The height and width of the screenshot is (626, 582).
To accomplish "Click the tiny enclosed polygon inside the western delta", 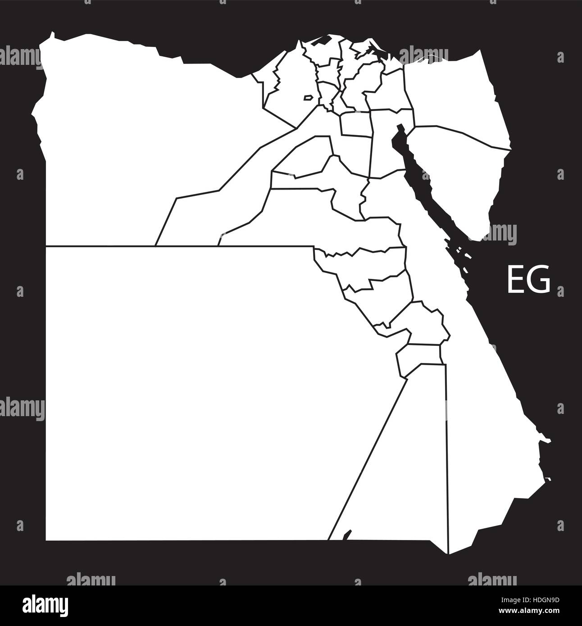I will point(308,97).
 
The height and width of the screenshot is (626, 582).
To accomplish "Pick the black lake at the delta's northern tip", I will point(321,40).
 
